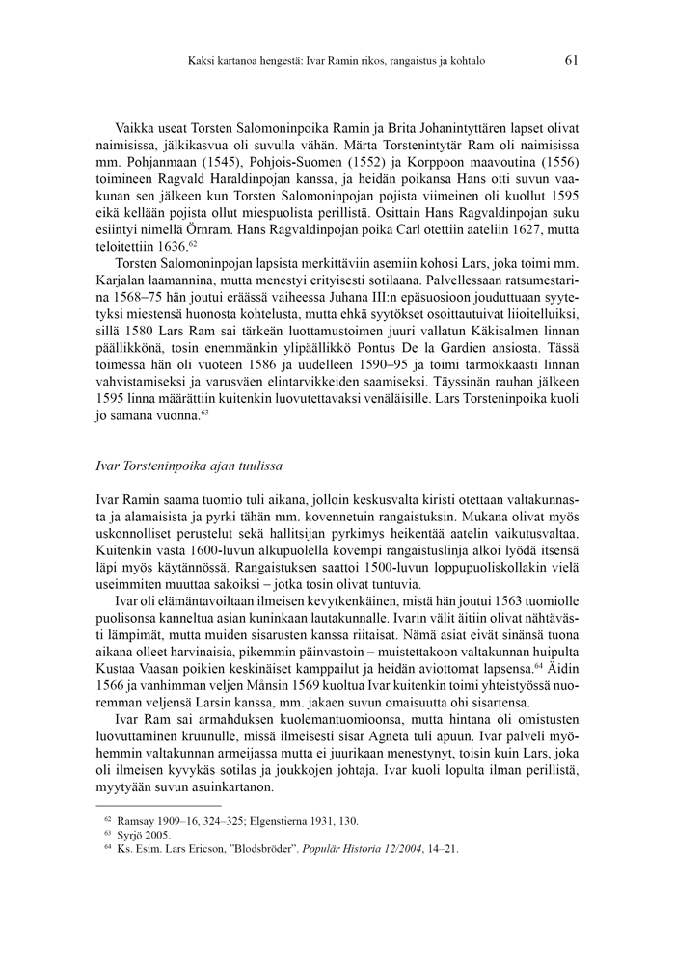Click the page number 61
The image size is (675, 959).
(571, 60)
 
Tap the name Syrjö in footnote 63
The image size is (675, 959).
(133, 835)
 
